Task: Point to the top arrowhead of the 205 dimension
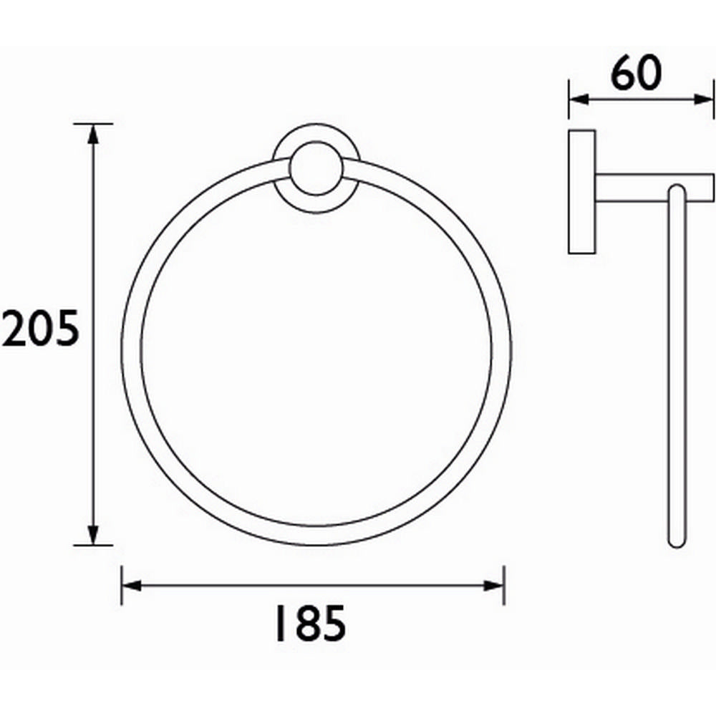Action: pyautogui.click(x=92, y=132)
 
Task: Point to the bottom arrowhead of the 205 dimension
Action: pyautogui.click(x=92, y=536)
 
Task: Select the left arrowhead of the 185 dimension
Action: pyautogui.click(x=130, y=585)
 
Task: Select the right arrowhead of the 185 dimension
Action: pyautogui.click(x=495, y=585)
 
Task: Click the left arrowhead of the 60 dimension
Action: pyautogui.click(x=577, y=99)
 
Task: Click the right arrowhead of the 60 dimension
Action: pyautogui.click(x=705, y=99)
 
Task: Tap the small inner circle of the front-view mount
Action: pyautogui.click(x=316, y=170)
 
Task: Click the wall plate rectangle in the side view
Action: pyautogui.click(x=582, y=191)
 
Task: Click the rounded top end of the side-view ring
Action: pyautogui.click(x=676, y=191)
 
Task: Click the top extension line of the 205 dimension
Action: pyautogui.click(x=93, y=123)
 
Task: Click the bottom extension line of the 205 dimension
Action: pyautogui.click(x=93, y=545)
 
